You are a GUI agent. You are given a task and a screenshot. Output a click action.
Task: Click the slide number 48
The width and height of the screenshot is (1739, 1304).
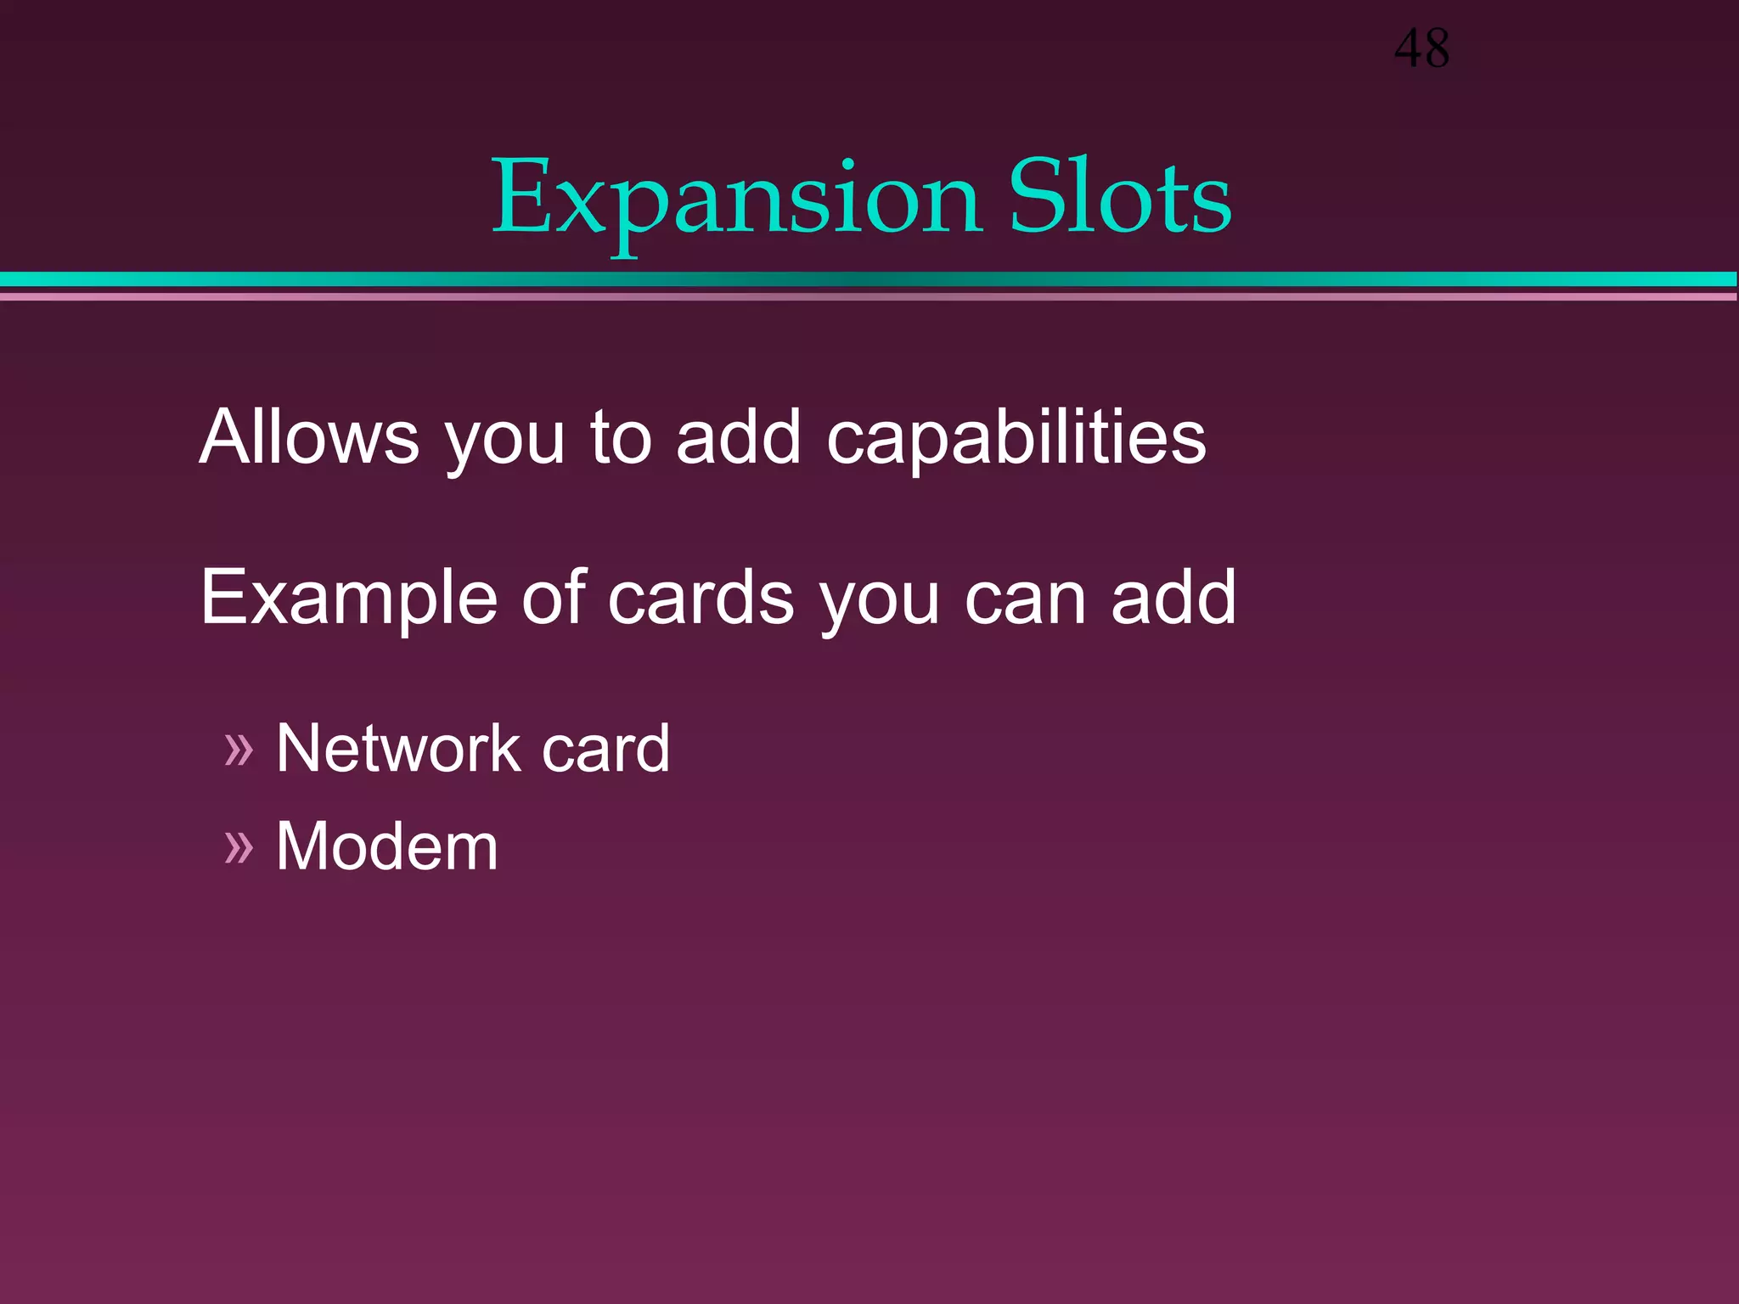[1421, 48]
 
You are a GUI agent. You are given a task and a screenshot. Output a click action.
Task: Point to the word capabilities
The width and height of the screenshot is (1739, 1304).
[1016, 438]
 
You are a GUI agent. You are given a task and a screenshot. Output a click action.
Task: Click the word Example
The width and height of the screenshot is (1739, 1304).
[348, 599]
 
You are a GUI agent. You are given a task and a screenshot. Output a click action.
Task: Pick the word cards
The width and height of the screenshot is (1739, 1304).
[701, 598]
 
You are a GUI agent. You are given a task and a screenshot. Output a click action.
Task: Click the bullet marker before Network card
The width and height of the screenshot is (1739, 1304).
[239, 750]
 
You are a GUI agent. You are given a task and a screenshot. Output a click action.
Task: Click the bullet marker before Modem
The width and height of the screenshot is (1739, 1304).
[239, 847]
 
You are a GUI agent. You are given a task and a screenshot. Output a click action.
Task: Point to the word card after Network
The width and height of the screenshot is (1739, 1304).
[605, 748]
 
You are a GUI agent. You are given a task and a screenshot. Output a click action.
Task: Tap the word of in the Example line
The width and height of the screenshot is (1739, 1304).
[554, 598]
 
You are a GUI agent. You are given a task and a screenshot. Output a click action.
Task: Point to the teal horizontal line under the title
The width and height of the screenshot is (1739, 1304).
[869, 279]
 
